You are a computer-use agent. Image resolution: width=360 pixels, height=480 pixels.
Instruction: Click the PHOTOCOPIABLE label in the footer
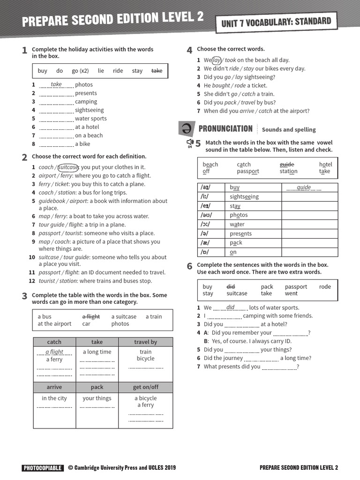point(42,467)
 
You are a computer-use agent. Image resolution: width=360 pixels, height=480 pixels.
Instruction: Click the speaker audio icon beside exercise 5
point(190,142)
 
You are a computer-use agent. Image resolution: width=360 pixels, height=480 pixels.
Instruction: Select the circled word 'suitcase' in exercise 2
point(68,167)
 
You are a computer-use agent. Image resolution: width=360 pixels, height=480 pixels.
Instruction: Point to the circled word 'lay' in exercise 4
point(217,60)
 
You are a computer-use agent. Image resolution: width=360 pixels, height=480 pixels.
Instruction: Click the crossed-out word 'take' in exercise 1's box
point(157,71)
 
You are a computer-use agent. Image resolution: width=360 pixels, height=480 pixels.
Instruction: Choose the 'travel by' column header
point(145,342)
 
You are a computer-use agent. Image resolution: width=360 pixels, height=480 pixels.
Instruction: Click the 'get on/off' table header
point(145,387)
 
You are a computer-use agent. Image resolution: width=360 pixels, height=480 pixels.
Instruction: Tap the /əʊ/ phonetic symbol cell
point(206,215)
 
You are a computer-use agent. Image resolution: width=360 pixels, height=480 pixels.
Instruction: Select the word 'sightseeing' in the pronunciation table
point(244,197)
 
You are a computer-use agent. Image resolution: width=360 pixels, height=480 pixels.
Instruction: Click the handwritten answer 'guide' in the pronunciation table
point(304,187)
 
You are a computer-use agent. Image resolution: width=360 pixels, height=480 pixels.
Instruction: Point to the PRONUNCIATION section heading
point(225,129)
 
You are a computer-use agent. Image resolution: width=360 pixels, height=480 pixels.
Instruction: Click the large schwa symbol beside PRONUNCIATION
point(186,128)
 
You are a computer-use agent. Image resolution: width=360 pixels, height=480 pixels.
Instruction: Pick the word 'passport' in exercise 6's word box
point(296,287)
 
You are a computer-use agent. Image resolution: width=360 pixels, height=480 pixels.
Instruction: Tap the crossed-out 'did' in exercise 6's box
point(231,287)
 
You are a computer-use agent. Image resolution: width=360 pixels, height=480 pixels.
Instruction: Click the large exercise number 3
point(24,296)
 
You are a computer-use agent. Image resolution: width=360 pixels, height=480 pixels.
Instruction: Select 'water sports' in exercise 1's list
point(90,119)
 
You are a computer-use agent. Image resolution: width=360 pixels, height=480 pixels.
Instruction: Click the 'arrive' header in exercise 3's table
point(54,387)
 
